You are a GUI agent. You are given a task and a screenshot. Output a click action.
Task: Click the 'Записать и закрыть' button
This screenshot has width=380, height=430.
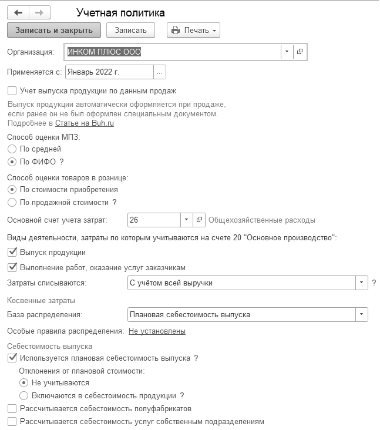(x=54, y=29)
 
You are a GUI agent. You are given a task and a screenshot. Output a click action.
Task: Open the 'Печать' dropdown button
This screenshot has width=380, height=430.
(x=193, y=29)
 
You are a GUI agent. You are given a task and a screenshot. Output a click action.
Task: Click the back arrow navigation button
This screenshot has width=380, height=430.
(x=18, y=12)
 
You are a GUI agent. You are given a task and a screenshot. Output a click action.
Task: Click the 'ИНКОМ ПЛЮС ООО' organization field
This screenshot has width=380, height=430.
(x=173, y=52)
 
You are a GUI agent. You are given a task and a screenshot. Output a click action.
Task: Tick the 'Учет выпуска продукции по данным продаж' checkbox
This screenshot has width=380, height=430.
(x=12, y=91)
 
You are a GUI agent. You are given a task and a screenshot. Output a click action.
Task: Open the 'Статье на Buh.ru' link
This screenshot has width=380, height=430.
(x=85, y=123)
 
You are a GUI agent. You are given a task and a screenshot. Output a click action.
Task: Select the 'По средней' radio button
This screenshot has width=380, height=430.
(x=12, y=149)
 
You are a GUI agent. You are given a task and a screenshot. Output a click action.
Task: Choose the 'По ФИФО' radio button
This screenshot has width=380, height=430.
(x=12, y=162)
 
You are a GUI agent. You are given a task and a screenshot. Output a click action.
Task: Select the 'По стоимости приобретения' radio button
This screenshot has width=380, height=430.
(x=12, y=190)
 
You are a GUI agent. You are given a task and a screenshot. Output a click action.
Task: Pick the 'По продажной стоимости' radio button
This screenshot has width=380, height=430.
(x=12, y=202)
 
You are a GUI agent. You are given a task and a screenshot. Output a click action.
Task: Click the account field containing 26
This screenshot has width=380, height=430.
(x=153, y=220)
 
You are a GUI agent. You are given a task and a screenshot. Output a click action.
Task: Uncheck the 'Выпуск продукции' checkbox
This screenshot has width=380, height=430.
(x=12, y=252)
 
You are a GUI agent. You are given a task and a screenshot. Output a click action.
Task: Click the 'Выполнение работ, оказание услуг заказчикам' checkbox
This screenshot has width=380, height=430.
(x=12, y=267)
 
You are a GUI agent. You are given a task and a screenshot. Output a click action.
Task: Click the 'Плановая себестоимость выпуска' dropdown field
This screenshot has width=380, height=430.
(x=241, y=314)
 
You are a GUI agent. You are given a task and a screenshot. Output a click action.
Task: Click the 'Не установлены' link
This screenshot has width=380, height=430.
(x=157, y=331)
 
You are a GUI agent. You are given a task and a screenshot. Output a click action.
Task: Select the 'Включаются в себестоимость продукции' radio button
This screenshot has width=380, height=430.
(x=23, y=395)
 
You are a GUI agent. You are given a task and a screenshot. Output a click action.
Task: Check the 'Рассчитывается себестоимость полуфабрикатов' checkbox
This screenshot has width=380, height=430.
(x=12, y=408)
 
